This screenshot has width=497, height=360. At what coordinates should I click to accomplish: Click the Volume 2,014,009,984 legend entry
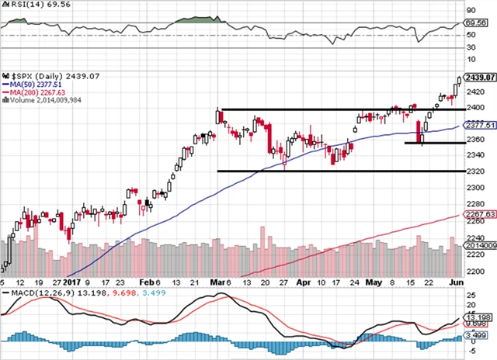click(x=43, y=101)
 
